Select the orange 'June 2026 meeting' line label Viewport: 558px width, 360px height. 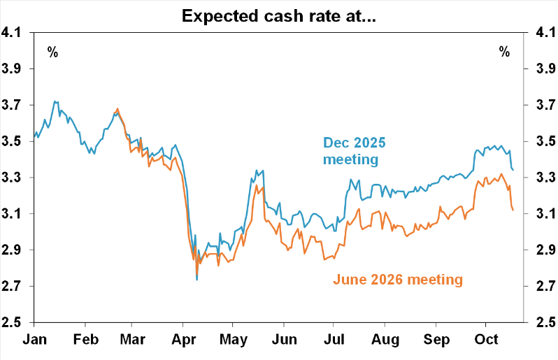click(x=397, y=280)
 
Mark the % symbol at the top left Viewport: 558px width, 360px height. click(x=53, y=51)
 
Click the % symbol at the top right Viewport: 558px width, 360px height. click(x=504, y=51)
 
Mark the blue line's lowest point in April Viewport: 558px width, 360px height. click(x=196, y=280)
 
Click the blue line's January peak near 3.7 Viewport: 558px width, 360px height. click(x=55, y=101)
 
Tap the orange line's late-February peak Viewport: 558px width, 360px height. click(x=117, y=109)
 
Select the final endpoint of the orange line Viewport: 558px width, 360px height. click(x=513, y=210)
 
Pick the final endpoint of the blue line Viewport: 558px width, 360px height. click(x=513, y=170)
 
